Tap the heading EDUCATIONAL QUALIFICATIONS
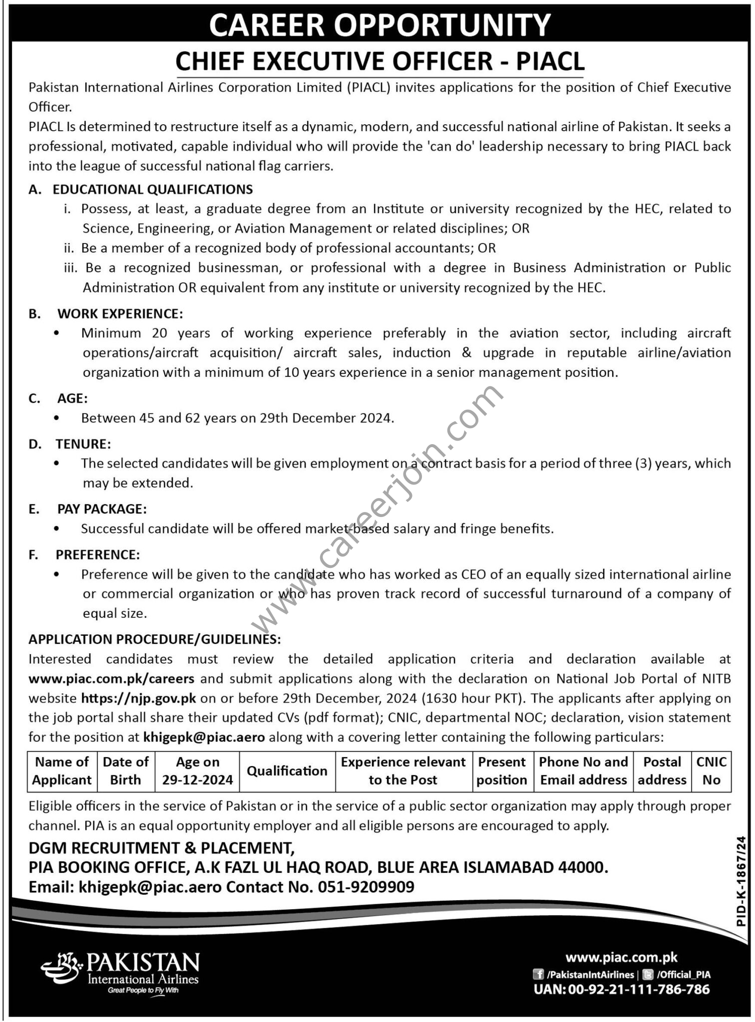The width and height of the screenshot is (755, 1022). click(x=153, y=189)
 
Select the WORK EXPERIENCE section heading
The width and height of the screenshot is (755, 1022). click(x=120, y=313)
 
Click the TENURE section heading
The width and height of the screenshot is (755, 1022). click(x=83, y=444)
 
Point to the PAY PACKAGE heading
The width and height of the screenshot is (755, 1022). click(x=102, y=509)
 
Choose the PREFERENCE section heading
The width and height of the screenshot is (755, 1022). click(x=98, y=554)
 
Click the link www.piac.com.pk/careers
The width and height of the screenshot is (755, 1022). click(x=111, y=679)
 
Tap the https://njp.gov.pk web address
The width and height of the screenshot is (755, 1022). click(x=138, y=698)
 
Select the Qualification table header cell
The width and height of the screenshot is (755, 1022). click(x=287, y=771)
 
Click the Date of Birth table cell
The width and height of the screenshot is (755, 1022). click(x=126, y=771)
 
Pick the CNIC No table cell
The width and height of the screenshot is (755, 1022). click(x=711, y=771)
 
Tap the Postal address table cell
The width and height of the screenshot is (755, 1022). click(x=662, y=771)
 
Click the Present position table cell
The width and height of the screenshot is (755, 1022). click(x=502, y=771)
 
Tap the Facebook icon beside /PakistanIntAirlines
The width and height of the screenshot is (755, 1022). click(x=539, y=975)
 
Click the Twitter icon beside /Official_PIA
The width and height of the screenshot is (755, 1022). click(x=648, y=975)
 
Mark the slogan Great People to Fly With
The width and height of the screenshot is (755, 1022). click(x=143, y=990)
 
